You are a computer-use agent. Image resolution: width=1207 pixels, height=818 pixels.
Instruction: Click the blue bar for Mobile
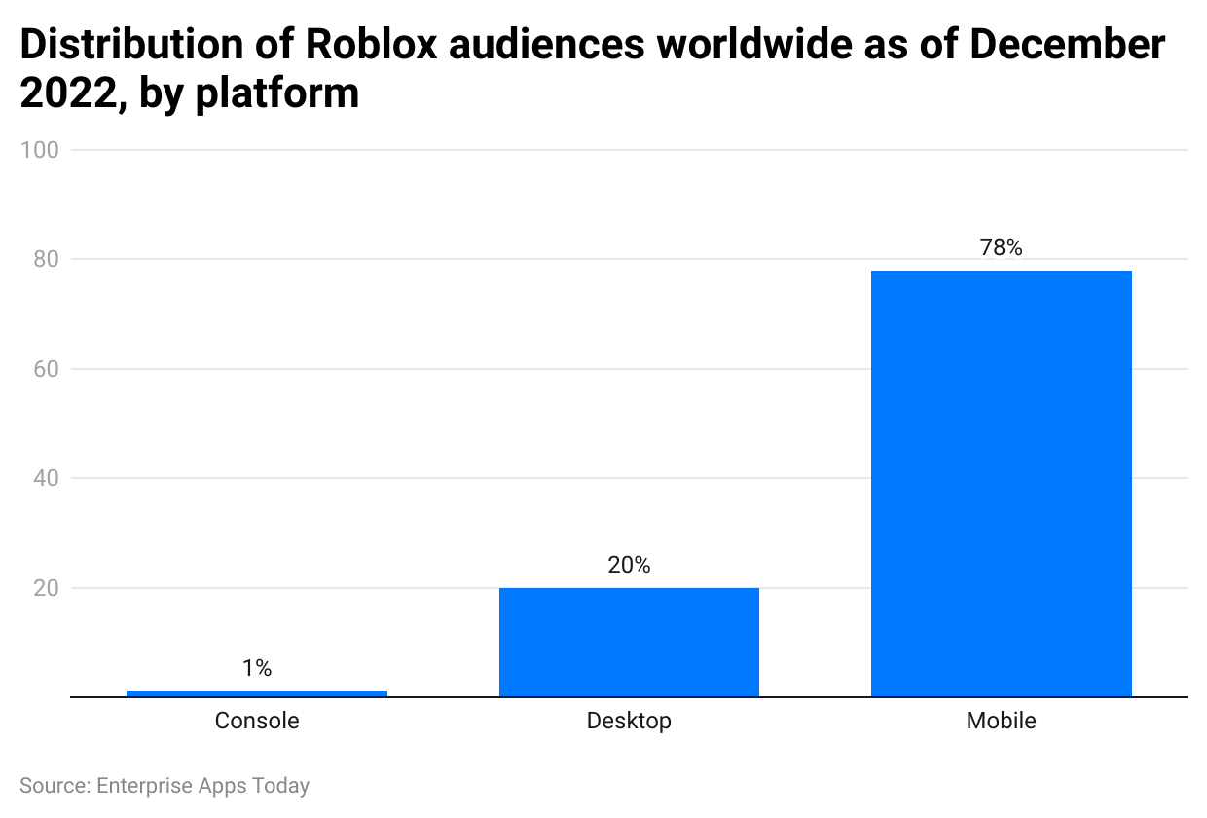pos(1001,483)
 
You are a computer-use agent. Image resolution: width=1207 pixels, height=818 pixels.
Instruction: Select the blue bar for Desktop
pos(629,642)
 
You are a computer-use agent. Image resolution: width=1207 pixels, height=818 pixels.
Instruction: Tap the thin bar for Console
pos(257,693)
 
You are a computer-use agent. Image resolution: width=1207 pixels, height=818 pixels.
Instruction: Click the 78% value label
pos(1001,247)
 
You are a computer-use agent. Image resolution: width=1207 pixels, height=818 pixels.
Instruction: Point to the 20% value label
pos(629,565)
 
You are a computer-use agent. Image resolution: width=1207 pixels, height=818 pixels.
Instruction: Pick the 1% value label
pos(257,668)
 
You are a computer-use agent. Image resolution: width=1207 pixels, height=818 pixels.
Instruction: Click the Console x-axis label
pos(257,721)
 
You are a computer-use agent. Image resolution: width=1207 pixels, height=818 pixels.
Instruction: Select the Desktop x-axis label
pos(629,721)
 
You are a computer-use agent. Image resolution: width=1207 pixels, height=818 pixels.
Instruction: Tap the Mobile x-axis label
pos(1001,721)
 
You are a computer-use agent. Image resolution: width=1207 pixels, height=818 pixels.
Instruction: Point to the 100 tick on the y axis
pos(44,150)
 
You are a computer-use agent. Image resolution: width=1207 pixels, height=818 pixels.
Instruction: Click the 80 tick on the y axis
pos(48,259)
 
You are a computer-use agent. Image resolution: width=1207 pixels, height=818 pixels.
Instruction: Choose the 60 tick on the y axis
pos(48,369)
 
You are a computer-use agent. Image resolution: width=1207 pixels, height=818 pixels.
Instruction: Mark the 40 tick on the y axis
pos(48,478)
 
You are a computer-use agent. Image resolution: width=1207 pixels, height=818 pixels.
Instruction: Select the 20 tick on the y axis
pos(48,588)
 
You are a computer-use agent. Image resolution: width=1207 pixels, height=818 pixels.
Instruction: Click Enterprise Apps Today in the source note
pos(202,785)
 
